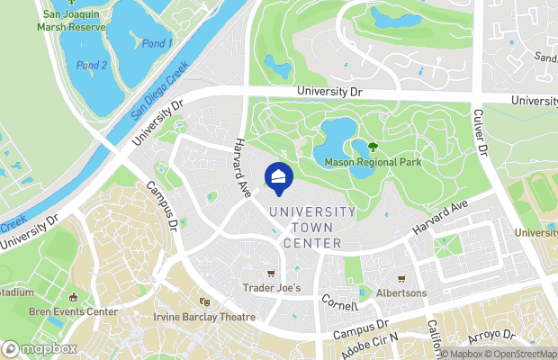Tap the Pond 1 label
(x=157, y=43)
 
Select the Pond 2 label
(x=92, y=65)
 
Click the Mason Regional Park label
(x=373, y=162)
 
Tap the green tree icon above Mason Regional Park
(x=373, y=147)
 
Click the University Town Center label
(x=311, y=228)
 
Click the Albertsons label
(x=401, y=293)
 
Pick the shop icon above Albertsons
(x=401, y=279)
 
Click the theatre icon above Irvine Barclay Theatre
(x=204, y=302)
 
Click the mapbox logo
(x=40, y=348)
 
